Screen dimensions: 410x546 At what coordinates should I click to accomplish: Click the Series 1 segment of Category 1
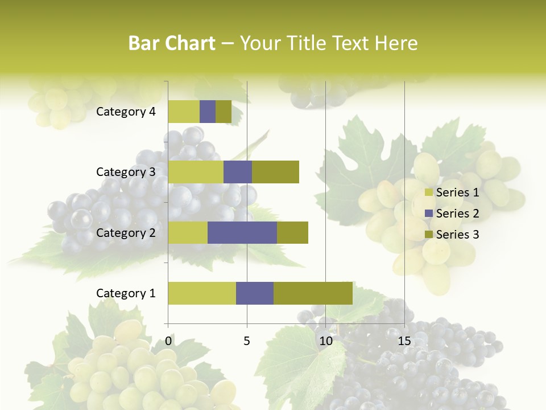point(202,293)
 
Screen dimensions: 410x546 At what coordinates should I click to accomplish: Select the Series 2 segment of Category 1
point(255,293)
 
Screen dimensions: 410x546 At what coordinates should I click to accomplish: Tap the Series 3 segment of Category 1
point(313,293)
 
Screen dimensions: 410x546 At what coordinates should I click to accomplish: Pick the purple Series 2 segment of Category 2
point(242,232)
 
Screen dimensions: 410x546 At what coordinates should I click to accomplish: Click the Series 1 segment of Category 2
point(188,232)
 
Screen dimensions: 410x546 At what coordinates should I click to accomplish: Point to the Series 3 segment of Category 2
point(292,232)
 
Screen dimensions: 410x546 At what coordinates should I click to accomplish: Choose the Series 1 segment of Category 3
point(196,172)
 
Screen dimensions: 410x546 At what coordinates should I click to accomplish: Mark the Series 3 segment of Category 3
point(275,172)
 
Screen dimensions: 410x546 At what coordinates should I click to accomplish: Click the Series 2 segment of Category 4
point(208,112)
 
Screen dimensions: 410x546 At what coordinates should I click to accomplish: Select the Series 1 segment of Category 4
point(184,112)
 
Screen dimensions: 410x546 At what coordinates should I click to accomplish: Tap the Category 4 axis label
point(126,112)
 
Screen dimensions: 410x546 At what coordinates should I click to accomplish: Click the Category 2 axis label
point(126,233)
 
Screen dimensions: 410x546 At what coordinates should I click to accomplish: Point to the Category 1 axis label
point(126,293)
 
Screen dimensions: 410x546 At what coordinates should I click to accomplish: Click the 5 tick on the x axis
point(247,342)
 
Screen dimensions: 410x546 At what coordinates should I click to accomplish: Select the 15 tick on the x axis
point(404,342)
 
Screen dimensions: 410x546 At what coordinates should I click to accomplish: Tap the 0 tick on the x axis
point(168,342)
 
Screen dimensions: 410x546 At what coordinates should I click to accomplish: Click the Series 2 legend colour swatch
point(429,214)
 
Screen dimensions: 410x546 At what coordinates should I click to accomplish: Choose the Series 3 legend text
point(457,235)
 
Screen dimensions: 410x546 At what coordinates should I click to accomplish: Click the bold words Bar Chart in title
point(172,43)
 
